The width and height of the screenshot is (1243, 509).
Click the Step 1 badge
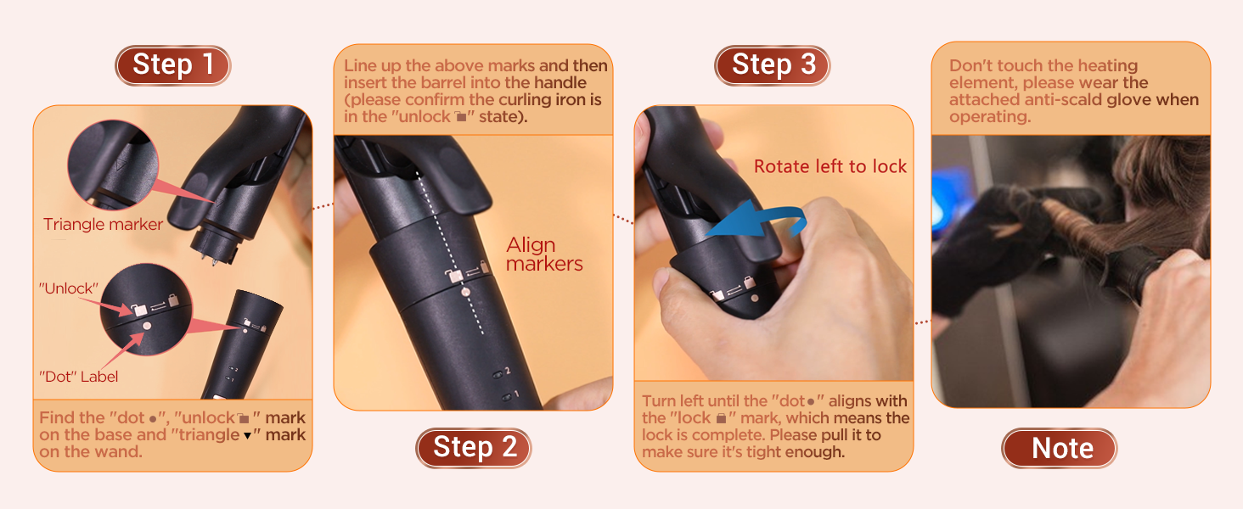(x=173, y=65)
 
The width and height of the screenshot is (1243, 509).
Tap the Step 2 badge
(x=473, y=447)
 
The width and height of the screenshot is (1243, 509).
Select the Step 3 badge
(x=773, y=65)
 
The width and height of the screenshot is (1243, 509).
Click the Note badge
(x=1061, y=448)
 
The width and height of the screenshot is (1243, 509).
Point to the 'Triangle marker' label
(x=103, y=225)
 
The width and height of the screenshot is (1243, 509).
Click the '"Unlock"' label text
(x=70, y=288)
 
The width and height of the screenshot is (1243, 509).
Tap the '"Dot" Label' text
(x=79, y=377)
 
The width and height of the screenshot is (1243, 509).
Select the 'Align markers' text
(x=544, y=255)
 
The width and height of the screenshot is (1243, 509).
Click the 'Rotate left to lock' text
(x=830, y=166)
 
